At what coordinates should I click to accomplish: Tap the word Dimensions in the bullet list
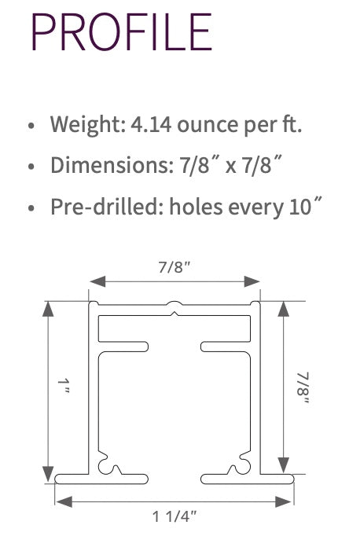coord(97,165)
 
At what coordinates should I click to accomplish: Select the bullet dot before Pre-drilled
coord(31,208)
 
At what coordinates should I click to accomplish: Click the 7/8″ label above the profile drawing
coord(174,266)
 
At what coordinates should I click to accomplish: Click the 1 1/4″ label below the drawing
coord(174,516)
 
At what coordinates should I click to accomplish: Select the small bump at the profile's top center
coord(174,303)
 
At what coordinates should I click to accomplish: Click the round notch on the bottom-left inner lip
coord(116,470)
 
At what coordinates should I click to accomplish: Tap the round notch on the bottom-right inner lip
coord(233,470)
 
